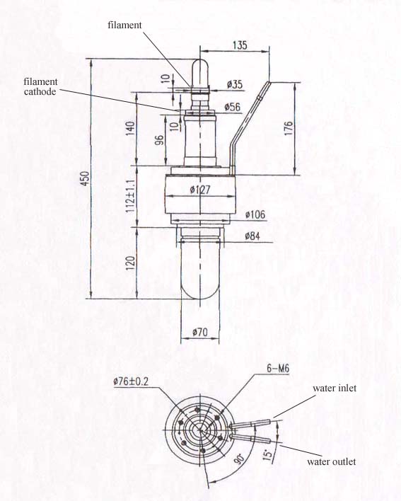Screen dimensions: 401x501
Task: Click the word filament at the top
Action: click(124, 25)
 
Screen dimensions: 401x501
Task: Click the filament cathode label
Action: click(40, 86)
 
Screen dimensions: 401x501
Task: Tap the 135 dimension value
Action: click(240, 45)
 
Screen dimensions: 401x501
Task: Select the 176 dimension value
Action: click(288, 128)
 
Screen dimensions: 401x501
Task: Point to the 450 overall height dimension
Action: click(85, 179)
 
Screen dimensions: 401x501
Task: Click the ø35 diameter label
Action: click(235, 85)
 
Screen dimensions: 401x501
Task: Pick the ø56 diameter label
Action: click(233, 107)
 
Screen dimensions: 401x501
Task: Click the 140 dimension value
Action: click(130, 129)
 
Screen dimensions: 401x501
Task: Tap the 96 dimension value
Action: click(159, 140)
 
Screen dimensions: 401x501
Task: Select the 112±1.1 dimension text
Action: click(131, 196)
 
